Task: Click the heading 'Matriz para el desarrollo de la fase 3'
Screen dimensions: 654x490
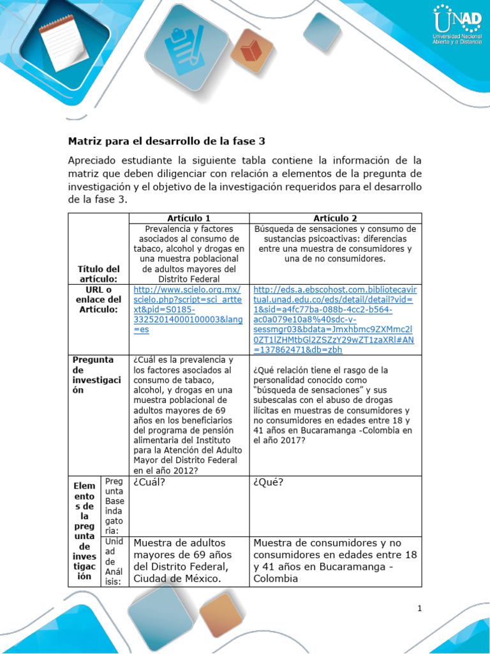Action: coord(167,141)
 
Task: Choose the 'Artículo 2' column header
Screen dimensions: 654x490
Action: coord(335,218)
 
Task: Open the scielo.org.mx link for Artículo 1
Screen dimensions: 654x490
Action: coord(188,309)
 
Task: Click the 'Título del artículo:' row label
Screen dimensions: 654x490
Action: coord(98,274)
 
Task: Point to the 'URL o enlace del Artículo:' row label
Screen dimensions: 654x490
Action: coord(98,300)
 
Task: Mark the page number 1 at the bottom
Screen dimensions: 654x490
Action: coord(420,609)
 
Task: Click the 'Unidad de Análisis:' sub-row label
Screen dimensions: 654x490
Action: coord(114,561)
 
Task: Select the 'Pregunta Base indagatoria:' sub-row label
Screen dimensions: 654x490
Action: coord(114,505)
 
